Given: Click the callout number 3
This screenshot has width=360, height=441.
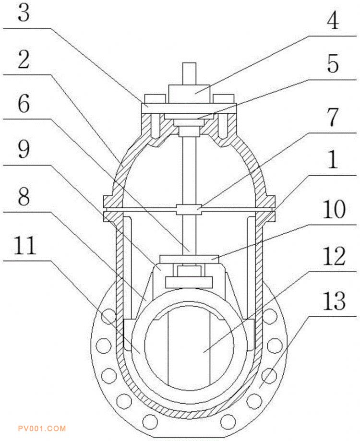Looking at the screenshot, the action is coord(24,12).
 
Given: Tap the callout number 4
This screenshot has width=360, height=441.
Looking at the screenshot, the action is coord(333,21).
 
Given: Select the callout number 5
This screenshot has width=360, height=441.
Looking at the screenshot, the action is coord(333,64).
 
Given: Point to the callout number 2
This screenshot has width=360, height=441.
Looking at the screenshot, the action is coord(24,60).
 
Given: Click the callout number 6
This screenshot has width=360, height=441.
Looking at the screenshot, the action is coord(24,104).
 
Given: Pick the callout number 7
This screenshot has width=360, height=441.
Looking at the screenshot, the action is coord(333,117).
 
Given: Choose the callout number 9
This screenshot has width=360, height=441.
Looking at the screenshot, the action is coord(24,149).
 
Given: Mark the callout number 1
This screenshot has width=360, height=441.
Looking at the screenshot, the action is coord(333,159).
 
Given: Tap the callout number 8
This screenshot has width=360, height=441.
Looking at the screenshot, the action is coord(24,196).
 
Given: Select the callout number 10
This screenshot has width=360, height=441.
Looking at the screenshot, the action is coord(334,209).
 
